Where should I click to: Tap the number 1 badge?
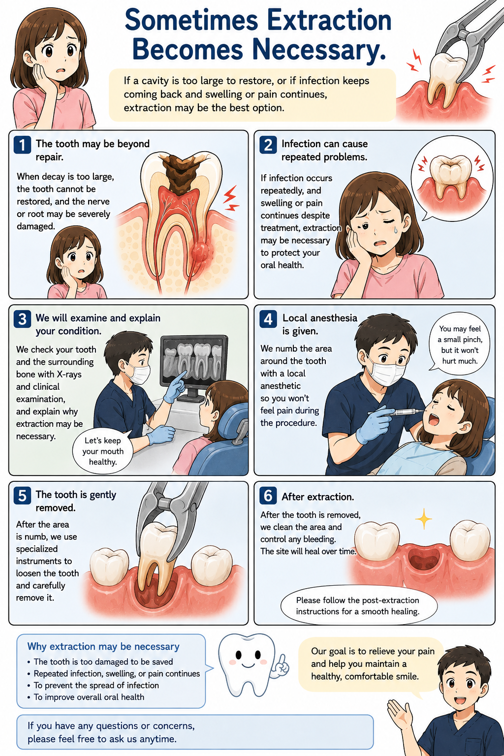coord(23,145)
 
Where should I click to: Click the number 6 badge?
coord(268,496)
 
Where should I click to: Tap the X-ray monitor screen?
coord(194,361)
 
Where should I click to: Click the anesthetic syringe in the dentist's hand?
coord(395,412)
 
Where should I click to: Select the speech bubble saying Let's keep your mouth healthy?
coord(103,451)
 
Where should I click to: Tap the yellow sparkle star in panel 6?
coord(423,518)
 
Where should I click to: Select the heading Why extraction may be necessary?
coord(103,646)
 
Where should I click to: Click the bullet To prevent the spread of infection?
coord(96,685)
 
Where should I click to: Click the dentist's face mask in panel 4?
coord(386,374)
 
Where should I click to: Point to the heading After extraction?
coord(317,497)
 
